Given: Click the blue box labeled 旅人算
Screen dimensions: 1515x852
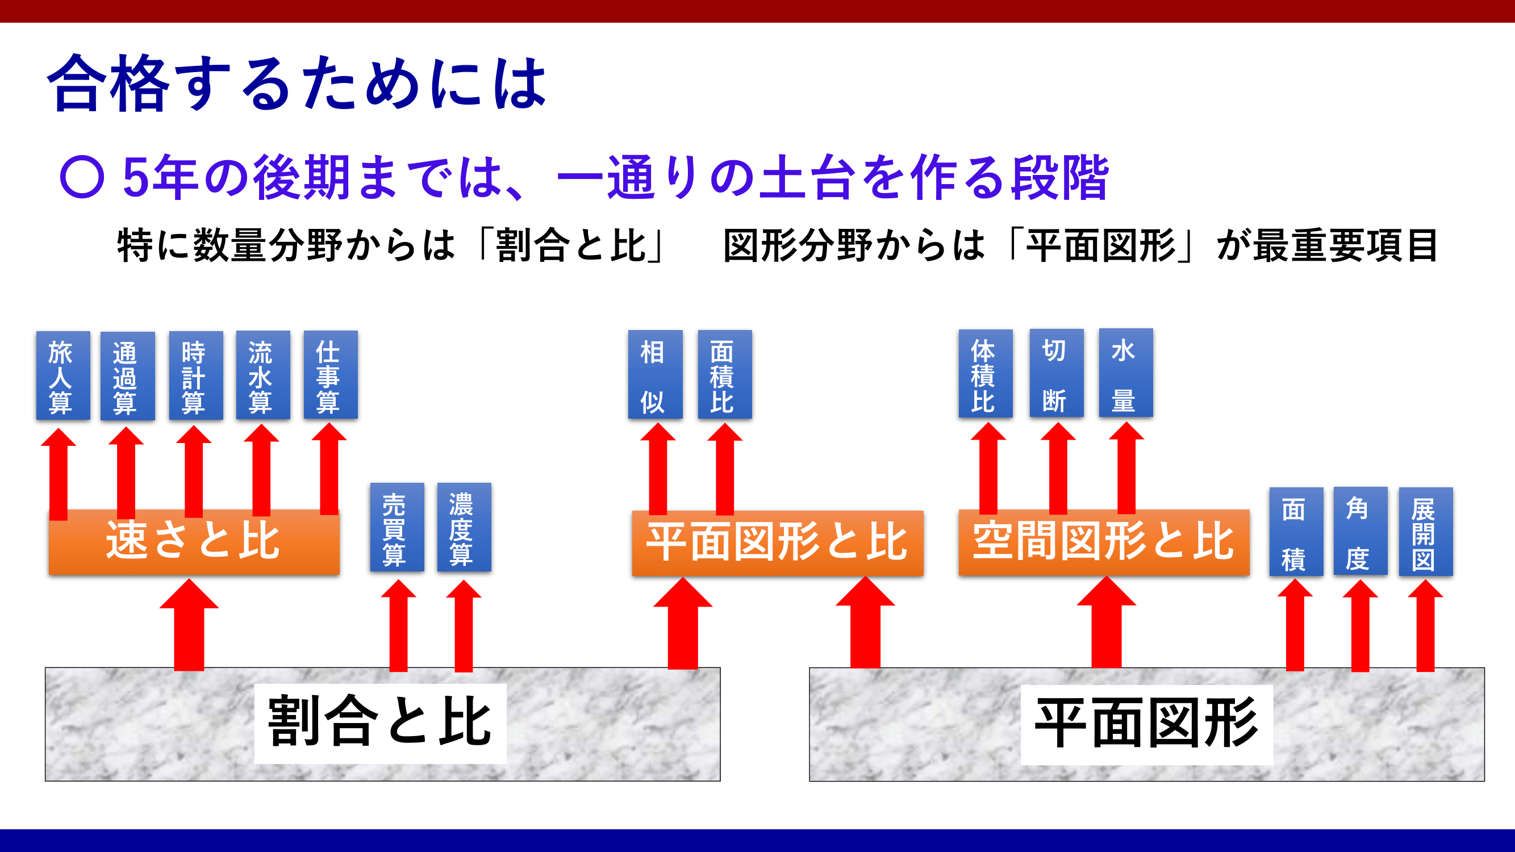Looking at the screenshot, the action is tap(63, 375).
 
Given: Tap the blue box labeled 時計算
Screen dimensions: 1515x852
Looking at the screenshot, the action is tap(196, 375).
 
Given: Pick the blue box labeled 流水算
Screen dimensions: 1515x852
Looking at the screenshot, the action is tap(263, 374).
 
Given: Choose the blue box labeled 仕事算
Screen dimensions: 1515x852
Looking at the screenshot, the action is tap(331, 374).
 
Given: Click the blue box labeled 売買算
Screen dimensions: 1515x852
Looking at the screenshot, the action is tap(397, 527).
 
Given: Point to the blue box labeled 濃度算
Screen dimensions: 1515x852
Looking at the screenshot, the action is tap(464, 527).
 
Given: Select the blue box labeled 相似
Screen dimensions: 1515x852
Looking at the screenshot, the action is tap(655, 374).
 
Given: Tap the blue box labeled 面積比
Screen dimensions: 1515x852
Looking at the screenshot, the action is tap(725, 374).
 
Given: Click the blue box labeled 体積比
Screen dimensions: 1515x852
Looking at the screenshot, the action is tap(985, 373).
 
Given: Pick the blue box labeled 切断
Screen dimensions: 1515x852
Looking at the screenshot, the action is tap(1056, 373).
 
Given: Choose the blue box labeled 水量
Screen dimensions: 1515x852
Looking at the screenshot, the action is tap(1126, 373).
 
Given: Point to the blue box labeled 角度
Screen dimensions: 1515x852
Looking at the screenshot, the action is tap(1360, 531).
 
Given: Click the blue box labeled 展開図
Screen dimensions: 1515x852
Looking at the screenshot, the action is tap(1426, 531).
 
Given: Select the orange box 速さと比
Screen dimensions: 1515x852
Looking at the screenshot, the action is tap(194, 541).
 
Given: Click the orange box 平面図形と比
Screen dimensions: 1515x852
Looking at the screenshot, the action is tap(778, 542).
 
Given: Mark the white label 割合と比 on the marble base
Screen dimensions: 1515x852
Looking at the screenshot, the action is tap(380, 722).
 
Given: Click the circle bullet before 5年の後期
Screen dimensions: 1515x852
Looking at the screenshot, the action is tap(82, 177).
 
